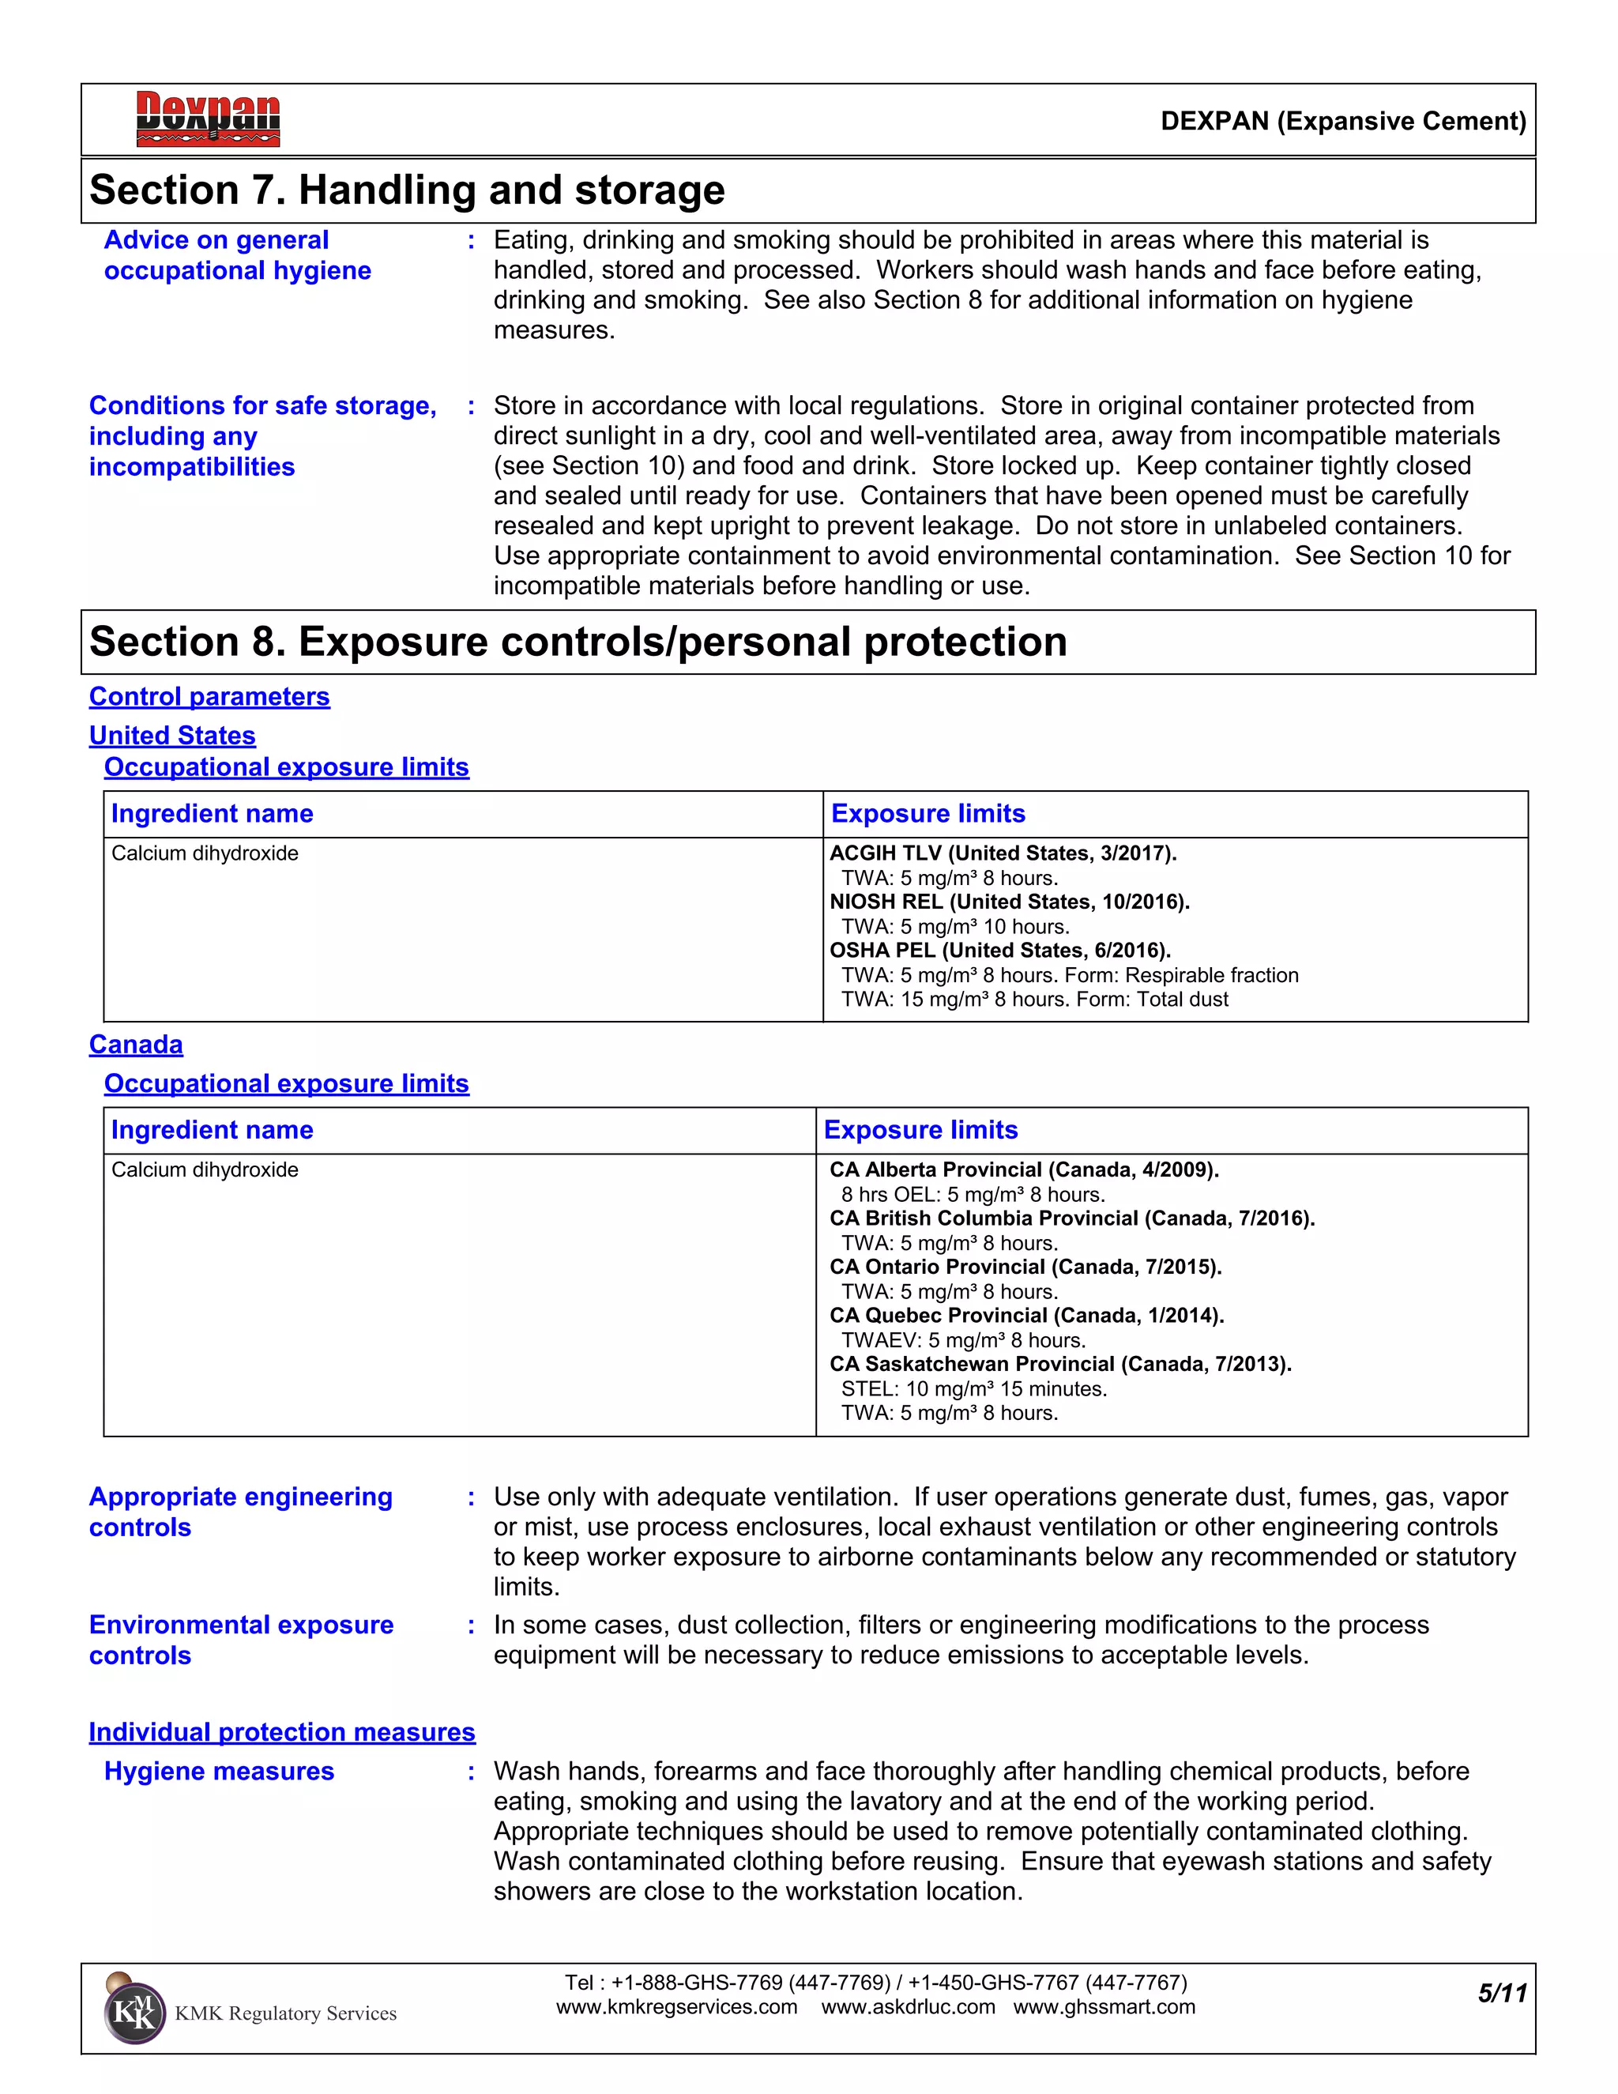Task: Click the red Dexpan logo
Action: (x=208, y=119)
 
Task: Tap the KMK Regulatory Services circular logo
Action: (x=134, y=2013)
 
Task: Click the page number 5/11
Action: (x=1501, y=1994)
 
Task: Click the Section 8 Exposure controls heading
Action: (x=578, y=642)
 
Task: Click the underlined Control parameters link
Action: (x=209, y=696)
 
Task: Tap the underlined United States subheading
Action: (x=172, y=736)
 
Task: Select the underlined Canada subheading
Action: (x=136, y=1044)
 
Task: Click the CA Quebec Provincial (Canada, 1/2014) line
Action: (x=1026, y=1316)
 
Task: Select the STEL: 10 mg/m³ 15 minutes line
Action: (x=974, y=1388)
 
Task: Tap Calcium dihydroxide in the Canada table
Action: (x=205, y=1169)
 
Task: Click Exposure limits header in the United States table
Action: (x=928, y=813)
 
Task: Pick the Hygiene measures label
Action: (x=220, y=1771)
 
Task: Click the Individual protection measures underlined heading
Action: (x=282, y=1731)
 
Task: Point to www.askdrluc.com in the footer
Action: (x=908, y=2007)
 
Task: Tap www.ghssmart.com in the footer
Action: (x=1104, y=2007)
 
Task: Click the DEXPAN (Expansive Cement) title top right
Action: (x=1343, y=121)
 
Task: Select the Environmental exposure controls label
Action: (x=241, y=1640)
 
